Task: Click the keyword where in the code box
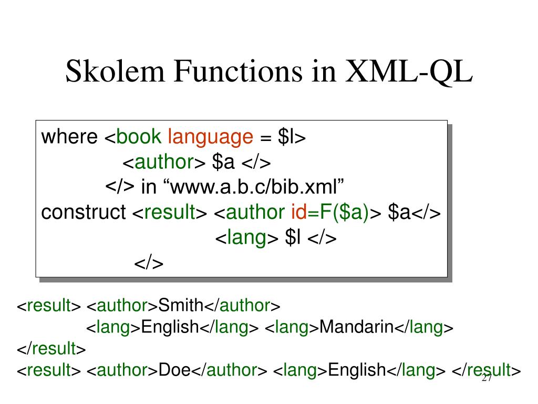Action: click(x=69, y=137)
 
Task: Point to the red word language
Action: click(x=210, y=138)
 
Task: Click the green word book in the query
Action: click(x=139, y=137)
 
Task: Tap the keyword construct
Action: click(x=84, y=213)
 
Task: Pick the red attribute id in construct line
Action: click(x=298, y=213)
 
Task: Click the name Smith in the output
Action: click(x=181, y=305)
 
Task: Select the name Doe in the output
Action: click(x=174, y=370)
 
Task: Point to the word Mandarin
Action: click(x=356, y=327)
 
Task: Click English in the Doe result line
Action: click(x=357, y=370)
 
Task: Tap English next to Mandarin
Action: click(x=170, y=327)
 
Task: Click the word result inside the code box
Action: click(x=169, y=213)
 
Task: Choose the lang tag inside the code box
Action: click(x=247, y=238)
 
